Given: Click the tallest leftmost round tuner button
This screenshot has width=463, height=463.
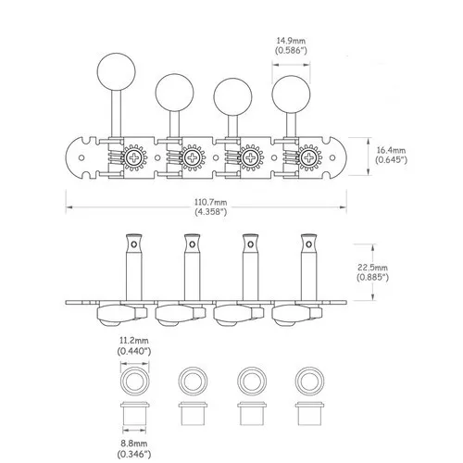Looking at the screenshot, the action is (117, 71).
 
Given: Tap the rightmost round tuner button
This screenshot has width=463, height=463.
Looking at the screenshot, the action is (291, 94).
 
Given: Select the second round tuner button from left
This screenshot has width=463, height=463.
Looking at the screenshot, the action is (174, 93).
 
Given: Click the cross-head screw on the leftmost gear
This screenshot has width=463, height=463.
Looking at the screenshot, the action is (134, 157).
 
